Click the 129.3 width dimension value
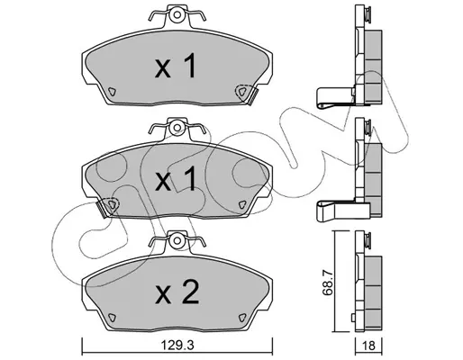[177, 346]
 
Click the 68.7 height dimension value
[327, 283]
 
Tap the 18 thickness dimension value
[369, 346]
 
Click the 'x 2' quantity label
[177, 292]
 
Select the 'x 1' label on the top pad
[176, 66]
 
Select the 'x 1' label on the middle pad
[176, 179]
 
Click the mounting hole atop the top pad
[177, 14]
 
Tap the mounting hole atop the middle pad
[177, 128]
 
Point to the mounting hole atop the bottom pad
[177, 241]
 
